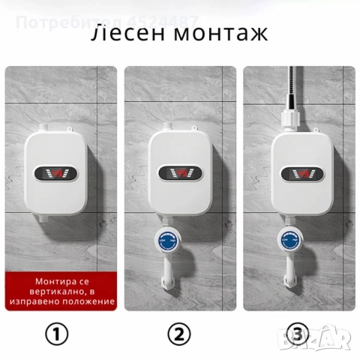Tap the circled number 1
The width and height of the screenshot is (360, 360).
tap(57, 334)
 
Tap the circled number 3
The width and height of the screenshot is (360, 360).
tap(298, 333)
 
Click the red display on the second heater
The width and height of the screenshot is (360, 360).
tap(180, 173)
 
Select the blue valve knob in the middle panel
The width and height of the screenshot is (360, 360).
tap(167, 241)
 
